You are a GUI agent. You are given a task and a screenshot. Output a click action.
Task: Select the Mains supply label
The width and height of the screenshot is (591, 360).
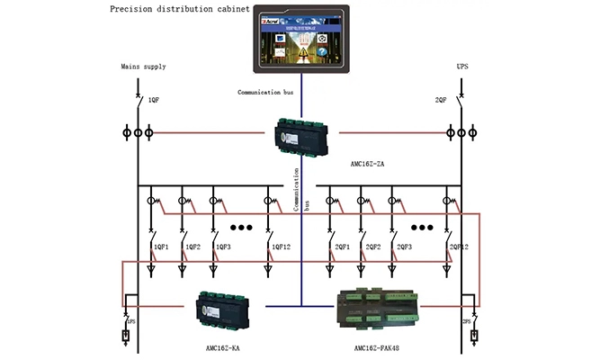(143, 67)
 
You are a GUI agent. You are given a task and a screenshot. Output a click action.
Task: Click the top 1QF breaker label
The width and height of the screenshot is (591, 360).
(154, 100)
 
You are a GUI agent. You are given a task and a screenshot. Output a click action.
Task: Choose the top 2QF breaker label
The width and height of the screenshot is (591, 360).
(441, 100)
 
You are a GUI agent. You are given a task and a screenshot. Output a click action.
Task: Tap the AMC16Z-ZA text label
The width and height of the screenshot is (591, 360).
(370, 165)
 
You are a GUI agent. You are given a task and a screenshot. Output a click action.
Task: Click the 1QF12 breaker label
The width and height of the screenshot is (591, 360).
(280, 247)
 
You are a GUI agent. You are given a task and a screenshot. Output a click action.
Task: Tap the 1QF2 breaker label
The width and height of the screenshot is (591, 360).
(193, 247)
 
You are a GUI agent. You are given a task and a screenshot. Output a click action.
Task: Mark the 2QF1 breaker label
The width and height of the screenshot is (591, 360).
(343, 247)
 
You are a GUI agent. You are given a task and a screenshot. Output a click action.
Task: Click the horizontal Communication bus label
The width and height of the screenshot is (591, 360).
(265, 93)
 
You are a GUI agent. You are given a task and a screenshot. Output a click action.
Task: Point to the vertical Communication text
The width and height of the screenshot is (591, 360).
(296, 184)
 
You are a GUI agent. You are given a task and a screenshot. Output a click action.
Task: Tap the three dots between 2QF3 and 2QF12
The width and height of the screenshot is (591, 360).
(422, 228)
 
